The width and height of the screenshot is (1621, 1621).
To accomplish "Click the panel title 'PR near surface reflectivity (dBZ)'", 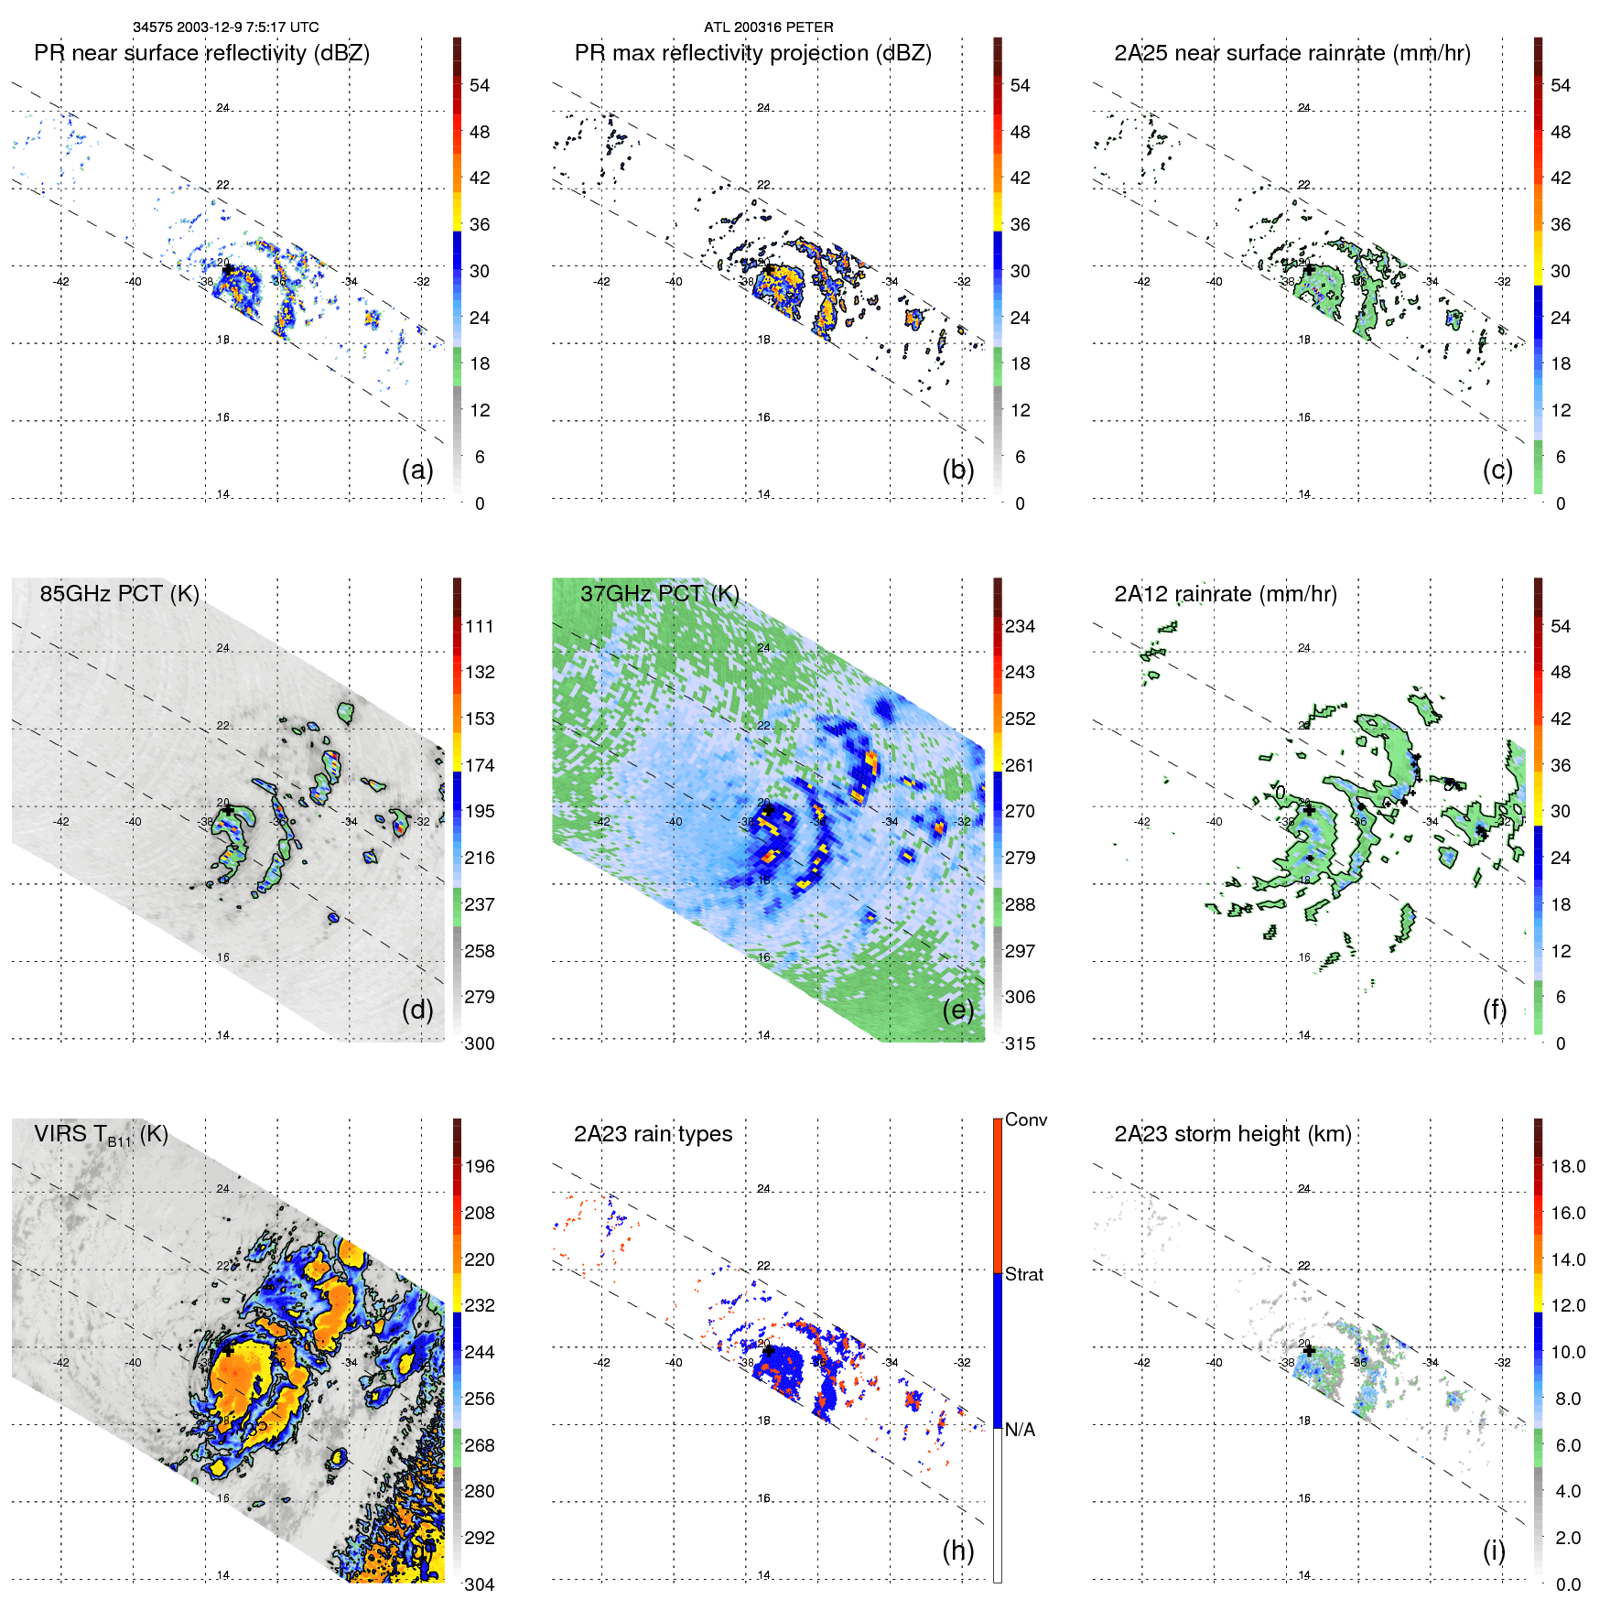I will pos(201,53).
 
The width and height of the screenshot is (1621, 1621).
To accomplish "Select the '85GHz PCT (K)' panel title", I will pos(119,594).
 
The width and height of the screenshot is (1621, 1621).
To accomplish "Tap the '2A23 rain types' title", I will pos(653,1134).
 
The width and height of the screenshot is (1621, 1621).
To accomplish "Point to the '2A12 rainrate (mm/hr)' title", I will pos(1225,594).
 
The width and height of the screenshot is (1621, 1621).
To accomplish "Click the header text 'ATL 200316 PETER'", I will pos(768,27).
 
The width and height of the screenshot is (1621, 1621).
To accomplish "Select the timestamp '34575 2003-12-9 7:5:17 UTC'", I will pos(225,27).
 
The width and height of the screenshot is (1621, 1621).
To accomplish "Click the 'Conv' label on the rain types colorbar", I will pos(1025,1119).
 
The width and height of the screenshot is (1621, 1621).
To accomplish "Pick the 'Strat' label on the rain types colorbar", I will pos(1023,1274).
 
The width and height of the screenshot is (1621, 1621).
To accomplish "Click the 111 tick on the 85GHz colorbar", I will pos(480,626).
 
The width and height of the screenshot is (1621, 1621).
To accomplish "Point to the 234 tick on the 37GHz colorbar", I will pos(1020,626).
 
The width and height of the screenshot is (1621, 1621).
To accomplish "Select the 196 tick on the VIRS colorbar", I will pos(480,1166).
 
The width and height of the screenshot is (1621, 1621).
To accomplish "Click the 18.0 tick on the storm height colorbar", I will pos(1567,1166).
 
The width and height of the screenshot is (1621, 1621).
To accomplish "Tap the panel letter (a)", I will pos(417,470).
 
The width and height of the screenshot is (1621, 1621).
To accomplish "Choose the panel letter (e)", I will pos(957,1010).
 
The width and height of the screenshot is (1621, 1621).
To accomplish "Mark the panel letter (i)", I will pos(1494,1551).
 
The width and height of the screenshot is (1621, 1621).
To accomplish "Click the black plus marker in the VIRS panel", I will pos(228,1350).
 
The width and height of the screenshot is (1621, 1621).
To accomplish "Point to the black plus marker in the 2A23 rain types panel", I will pos(769,1350).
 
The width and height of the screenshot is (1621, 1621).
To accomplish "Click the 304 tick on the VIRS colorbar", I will pos(480,1584).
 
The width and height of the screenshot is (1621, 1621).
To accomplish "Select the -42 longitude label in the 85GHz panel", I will pos(61,822).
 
